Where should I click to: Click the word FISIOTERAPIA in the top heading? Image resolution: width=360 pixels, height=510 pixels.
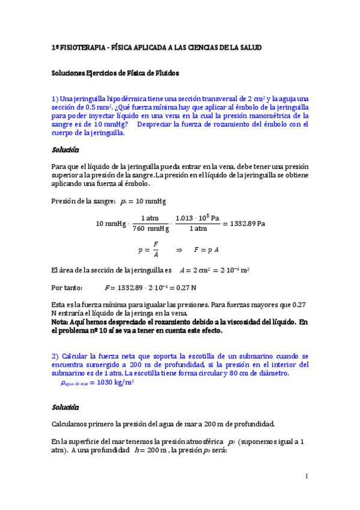coord(81,47)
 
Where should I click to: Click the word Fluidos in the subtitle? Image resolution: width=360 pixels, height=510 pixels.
coord(165,73)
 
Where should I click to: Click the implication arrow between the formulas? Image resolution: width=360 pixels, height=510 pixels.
coord(178,249)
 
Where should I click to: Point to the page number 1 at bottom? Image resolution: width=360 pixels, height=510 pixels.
coord(307,477)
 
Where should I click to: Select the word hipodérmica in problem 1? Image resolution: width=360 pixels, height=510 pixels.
coord(124,99)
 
